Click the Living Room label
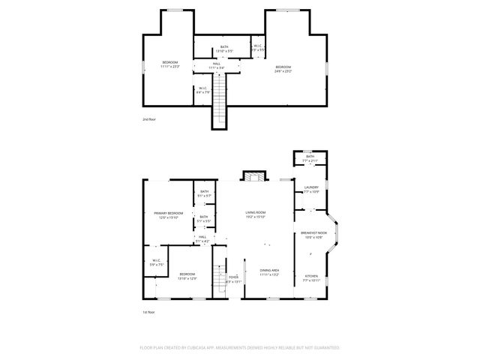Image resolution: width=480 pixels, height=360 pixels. click(256, 214)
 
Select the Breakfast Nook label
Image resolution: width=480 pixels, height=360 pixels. click(313, 234)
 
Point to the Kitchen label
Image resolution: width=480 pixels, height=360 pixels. click(311, 277)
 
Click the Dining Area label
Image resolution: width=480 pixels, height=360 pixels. click(270, 271)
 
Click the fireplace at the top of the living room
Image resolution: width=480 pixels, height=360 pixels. click(253, 177)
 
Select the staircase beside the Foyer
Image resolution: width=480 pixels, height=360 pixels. click(220, 279)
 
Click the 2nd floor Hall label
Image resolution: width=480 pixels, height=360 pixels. click(215, 65)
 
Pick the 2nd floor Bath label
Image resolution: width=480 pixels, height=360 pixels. click(224, 48)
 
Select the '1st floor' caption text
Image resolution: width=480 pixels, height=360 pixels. click(148, 312)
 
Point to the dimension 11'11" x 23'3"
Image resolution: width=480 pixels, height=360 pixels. click(171, 66)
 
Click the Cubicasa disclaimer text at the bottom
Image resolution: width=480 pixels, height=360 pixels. click(240, 348)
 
